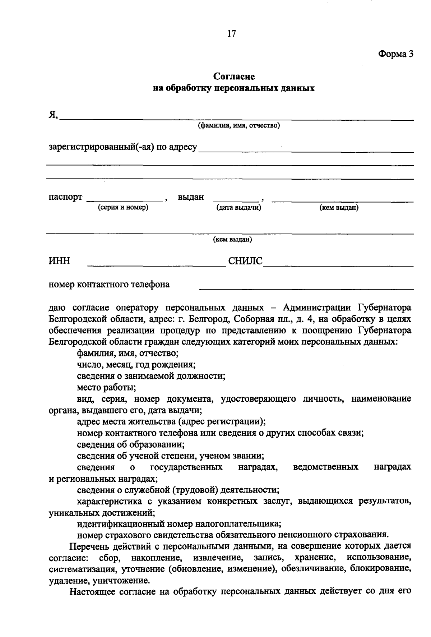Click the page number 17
click(x=232, y=34)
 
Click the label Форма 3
click(x=395, y=54)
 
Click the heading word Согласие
click(x=234, y=77)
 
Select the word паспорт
click(x=65, y=197)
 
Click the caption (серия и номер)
click(x=123, y=207)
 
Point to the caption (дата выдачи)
click(x=238, y=207)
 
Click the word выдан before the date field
click(x=191, y=197)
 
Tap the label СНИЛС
click(x=245, y=261)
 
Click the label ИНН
click(x=59, y=261)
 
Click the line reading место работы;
click(x=106, y=388)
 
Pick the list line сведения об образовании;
click(x=131, y=445)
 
